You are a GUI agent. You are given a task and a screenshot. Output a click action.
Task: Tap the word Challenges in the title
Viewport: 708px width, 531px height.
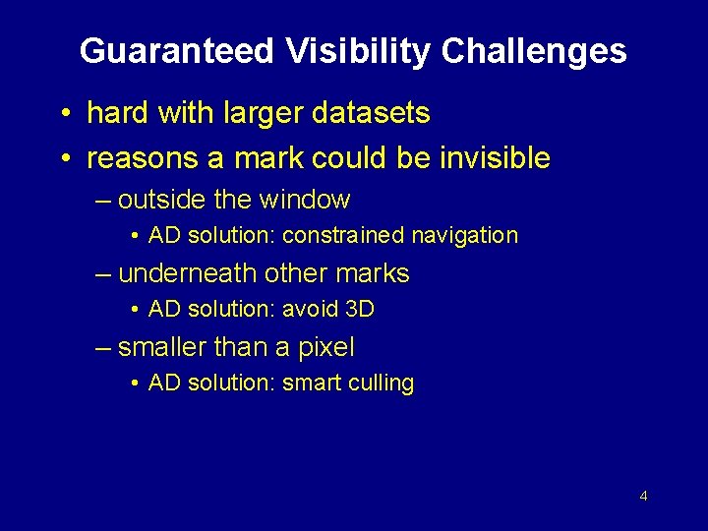click(534, 51)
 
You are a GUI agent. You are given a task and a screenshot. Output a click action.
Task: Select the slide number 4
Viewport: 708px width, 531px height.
click(643, 496)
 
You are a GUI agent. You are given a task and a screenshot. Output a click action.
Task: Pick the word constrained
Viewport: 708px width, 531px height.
click(344, 236)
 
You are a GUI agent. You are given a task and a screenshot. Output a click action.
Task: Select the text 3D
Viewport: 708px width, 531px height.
click(361, 310)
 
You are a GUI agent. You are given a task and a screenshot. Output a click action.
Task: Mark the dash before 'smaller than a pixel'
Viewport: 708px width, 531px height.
click(104, 348)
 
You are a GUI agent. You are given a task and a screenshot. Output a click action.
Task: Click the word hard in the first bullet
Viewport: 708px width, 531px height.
click(116, 113)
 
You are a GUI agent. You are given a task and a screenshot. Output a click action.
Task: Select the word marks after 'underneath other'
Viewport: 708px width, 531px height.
click(373, 273)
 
